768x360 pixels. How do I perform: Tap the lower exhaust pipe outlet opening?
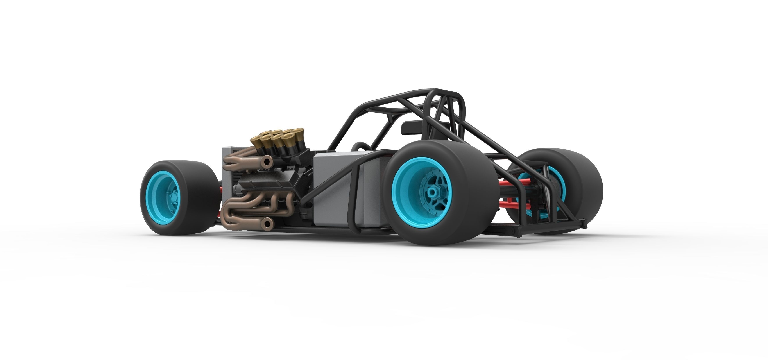(x=267, y=222)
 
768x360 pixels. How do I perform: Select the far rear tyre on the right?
(x=584, y=185)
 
